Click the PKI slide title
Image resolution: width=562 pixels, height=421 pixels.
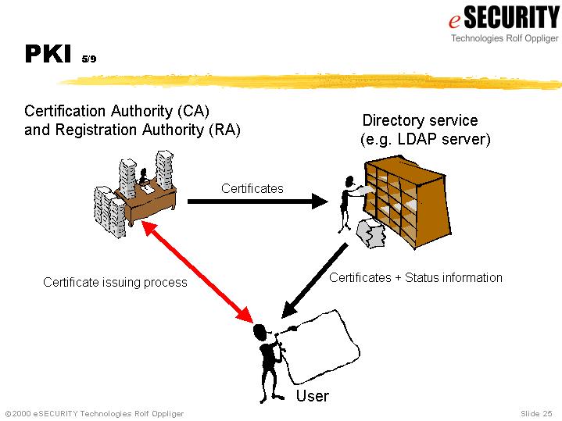coord(48,53)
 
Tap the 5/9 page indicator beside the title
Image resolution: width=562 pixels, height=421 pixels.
coord(88,57)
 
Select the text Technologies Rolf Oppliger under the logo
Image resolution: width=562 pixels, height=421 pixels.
coord(504,37)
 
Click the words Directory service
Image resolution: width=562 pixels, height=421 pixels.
coord(420,120)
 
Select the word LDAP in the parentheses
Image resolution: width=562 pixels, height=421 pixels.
coord(420,140)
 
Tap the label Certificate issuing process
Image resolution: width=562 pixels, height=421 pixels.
coord(115,282)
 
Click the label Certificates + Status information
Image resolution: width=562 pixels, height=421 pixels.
coord(415,277)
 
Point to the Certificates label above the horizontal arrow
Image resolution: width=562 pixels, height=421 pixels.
coord(252,188)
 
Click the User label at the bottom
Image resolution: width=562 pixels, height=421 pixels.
coord(312,396)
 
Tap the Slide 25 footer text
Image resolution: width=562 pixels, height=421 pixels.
coord(536,412)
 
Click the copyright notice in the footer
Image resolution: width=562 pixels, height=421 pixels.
coord(93,412)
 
